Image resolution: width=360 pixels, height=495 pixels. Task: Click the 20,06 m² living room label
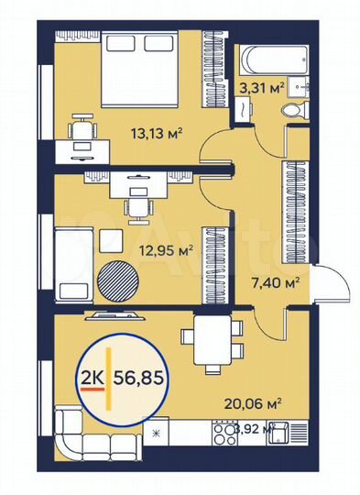coord(254,401)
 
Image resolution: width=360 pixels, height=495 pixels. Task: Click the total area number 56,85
coord(146,376)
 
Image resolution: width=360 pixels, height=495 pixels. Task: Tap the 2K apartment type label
coord(92,376)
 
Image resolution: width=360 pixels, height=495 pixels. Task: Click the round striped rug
coord(115,277)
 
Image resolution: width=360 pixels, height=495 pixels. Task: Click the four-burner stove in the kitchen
coord(224,430)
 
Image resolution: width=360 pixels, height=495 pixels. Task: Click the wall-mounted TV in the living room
coord(113,316)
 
